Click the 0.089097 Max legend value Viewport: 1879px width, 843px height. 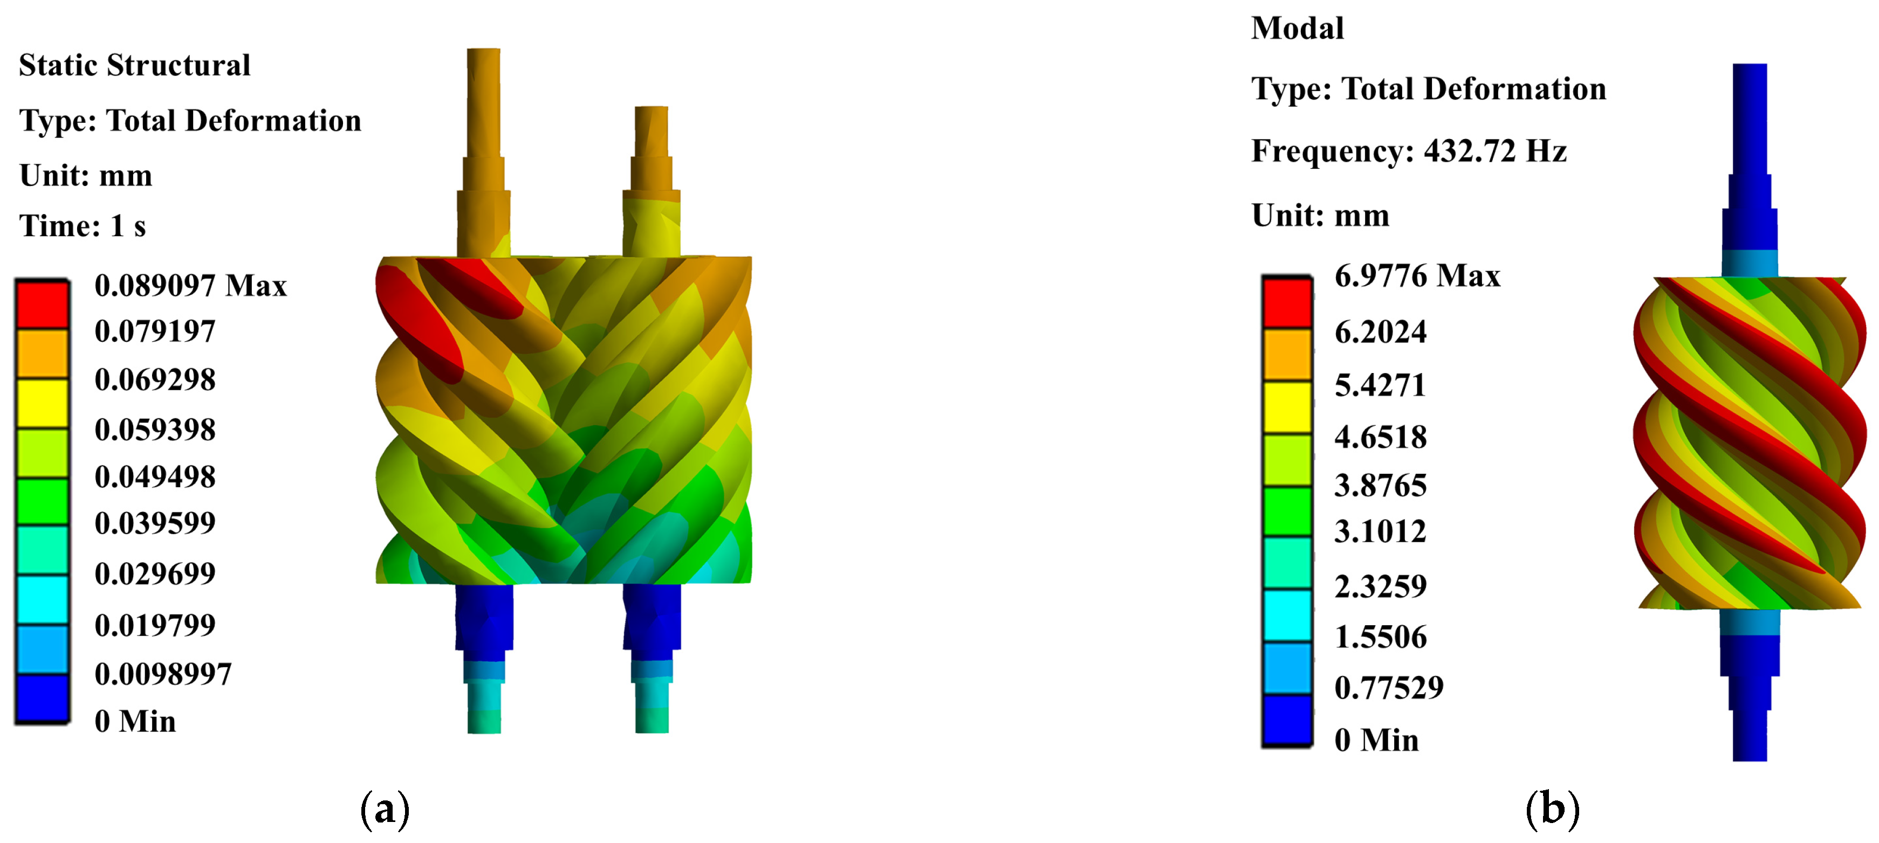tap(190, 286)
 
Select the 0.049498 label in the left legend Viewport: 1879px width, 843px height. tap(155, 477)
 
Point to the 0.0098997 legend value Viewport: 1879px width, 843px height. tap(163, 674)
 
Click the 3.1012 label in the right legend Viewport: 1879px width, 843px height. tap(1380, 531)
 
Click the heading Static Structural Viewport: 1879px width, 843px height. tap(135, 65)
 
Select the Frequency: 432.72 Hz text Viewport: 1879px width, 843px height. tap(1409, 151)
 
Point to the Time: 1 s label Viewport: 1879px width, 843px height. tap(83, 226)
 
